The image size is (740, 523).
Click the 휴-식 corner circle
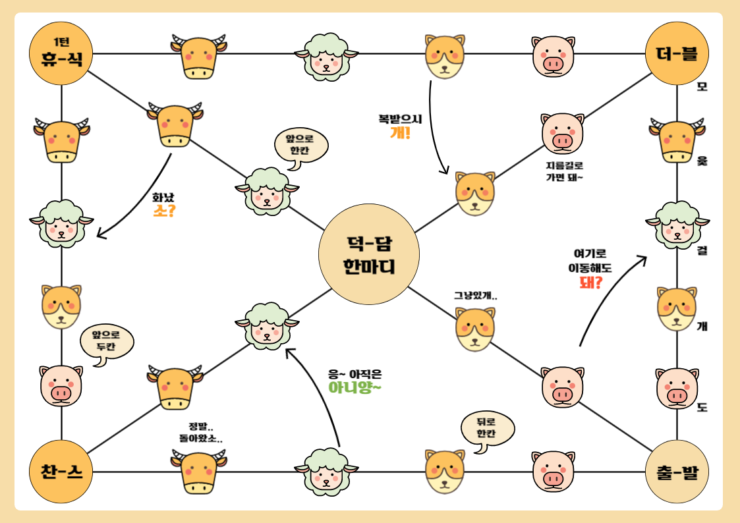(x=61, y=53)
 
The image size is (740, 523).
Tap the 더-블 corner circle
(x=677, y=53)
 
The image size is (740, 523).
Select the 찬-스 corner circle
(x=61, y=472)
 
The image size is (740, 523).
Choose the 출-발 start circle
(x=677, y=472)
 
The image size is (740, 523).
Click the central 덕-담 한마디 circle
(x=369, y=254)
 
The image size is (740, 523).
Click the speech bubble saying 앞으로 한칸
(x=301, y=146)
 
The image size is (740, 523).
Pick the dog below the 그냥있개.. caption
(x=474, y=329)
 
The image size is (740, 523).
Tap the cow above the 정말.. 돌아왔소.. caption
(x=178, y=387)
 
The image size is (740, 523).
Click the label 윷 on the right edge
(x=702, y=160)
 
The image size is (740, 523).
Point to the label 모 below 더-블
(x=702, y=87)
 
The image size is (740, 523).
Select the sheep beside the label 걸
(x=677, y=225)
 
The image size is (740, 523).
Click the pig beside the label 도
(x=677, y=389)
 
